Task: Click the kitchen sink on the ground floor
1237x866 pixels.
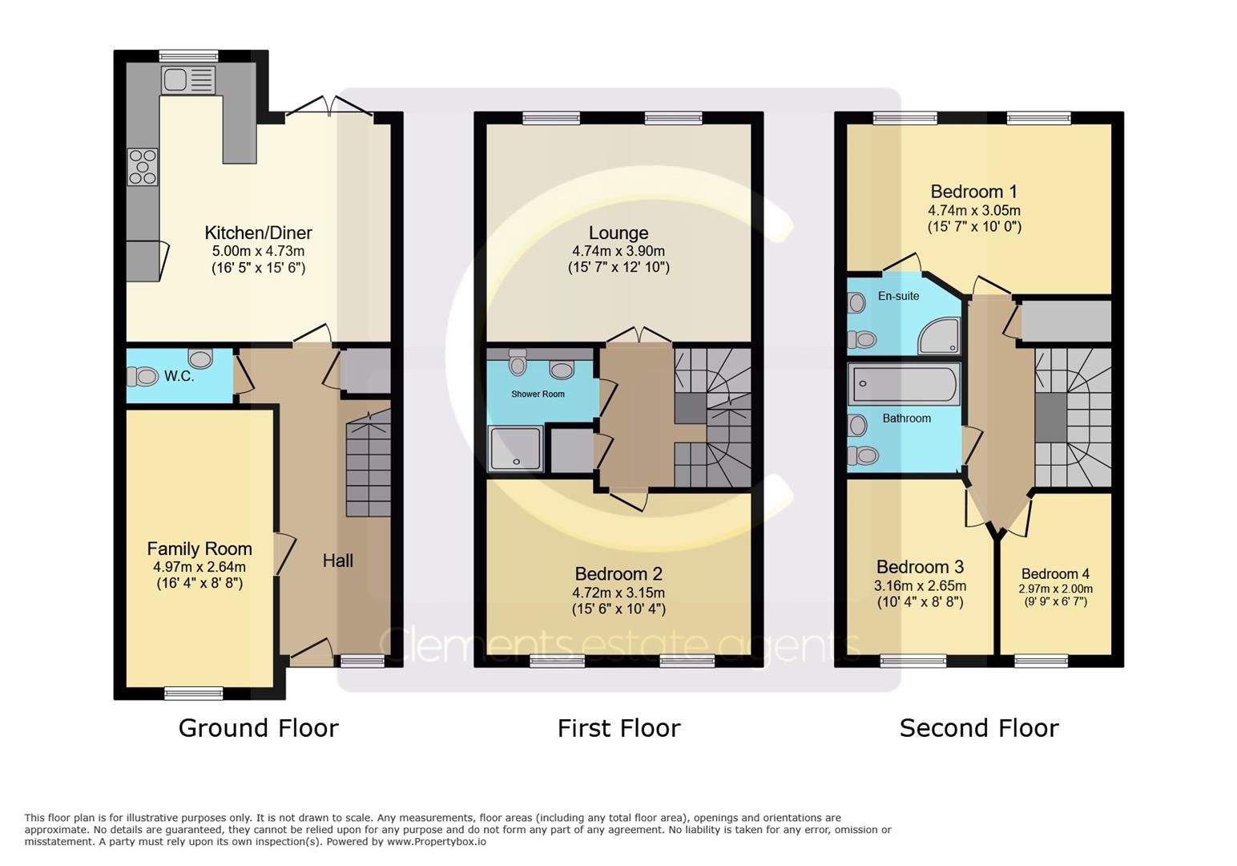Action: pos(188,79)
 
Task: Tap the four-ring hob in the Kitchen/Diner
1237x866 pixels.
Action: pos(143,167)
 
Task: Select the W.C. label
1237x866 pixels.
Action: pos(179,376)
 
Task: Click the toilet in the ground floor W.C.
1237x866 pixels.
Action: pos(143,377)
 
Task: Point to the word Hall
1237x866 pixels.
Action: pos(338,561)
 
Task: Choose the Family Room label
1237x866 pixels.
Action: pos(199,548)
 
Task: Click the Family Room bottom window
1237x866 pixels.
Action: pos(194,693)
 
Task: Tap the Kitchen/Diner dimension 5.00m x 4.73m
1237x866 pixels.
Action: pos(259,251)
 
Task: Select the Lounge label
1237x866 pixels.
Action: pos(618,233)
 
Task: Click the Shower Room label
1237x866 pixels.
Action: pos(538,394)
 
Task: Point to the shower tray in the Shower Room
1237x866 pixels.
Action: pos(515,449)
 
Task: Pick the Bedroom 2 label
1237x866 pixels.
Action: pos(618,573)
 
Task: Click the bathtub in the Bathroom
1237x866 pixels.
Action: pos(904,383)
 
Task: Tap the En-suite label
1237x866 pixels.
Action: pos(898,296)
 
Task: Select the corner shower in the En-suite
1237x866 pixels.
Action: pos(939,335)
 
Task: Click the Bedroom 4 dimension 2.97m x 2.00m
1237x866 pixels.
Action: pos(1055,589)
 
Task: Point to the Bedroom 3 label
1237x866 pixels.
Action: pos(920,567)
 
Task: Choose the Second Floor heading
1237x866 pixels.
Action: pos(979,728)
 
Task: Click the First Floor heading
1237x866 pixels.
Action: pos(619,728)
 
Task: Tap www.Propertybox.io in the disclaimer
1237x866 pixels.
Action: pos(437,842)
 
